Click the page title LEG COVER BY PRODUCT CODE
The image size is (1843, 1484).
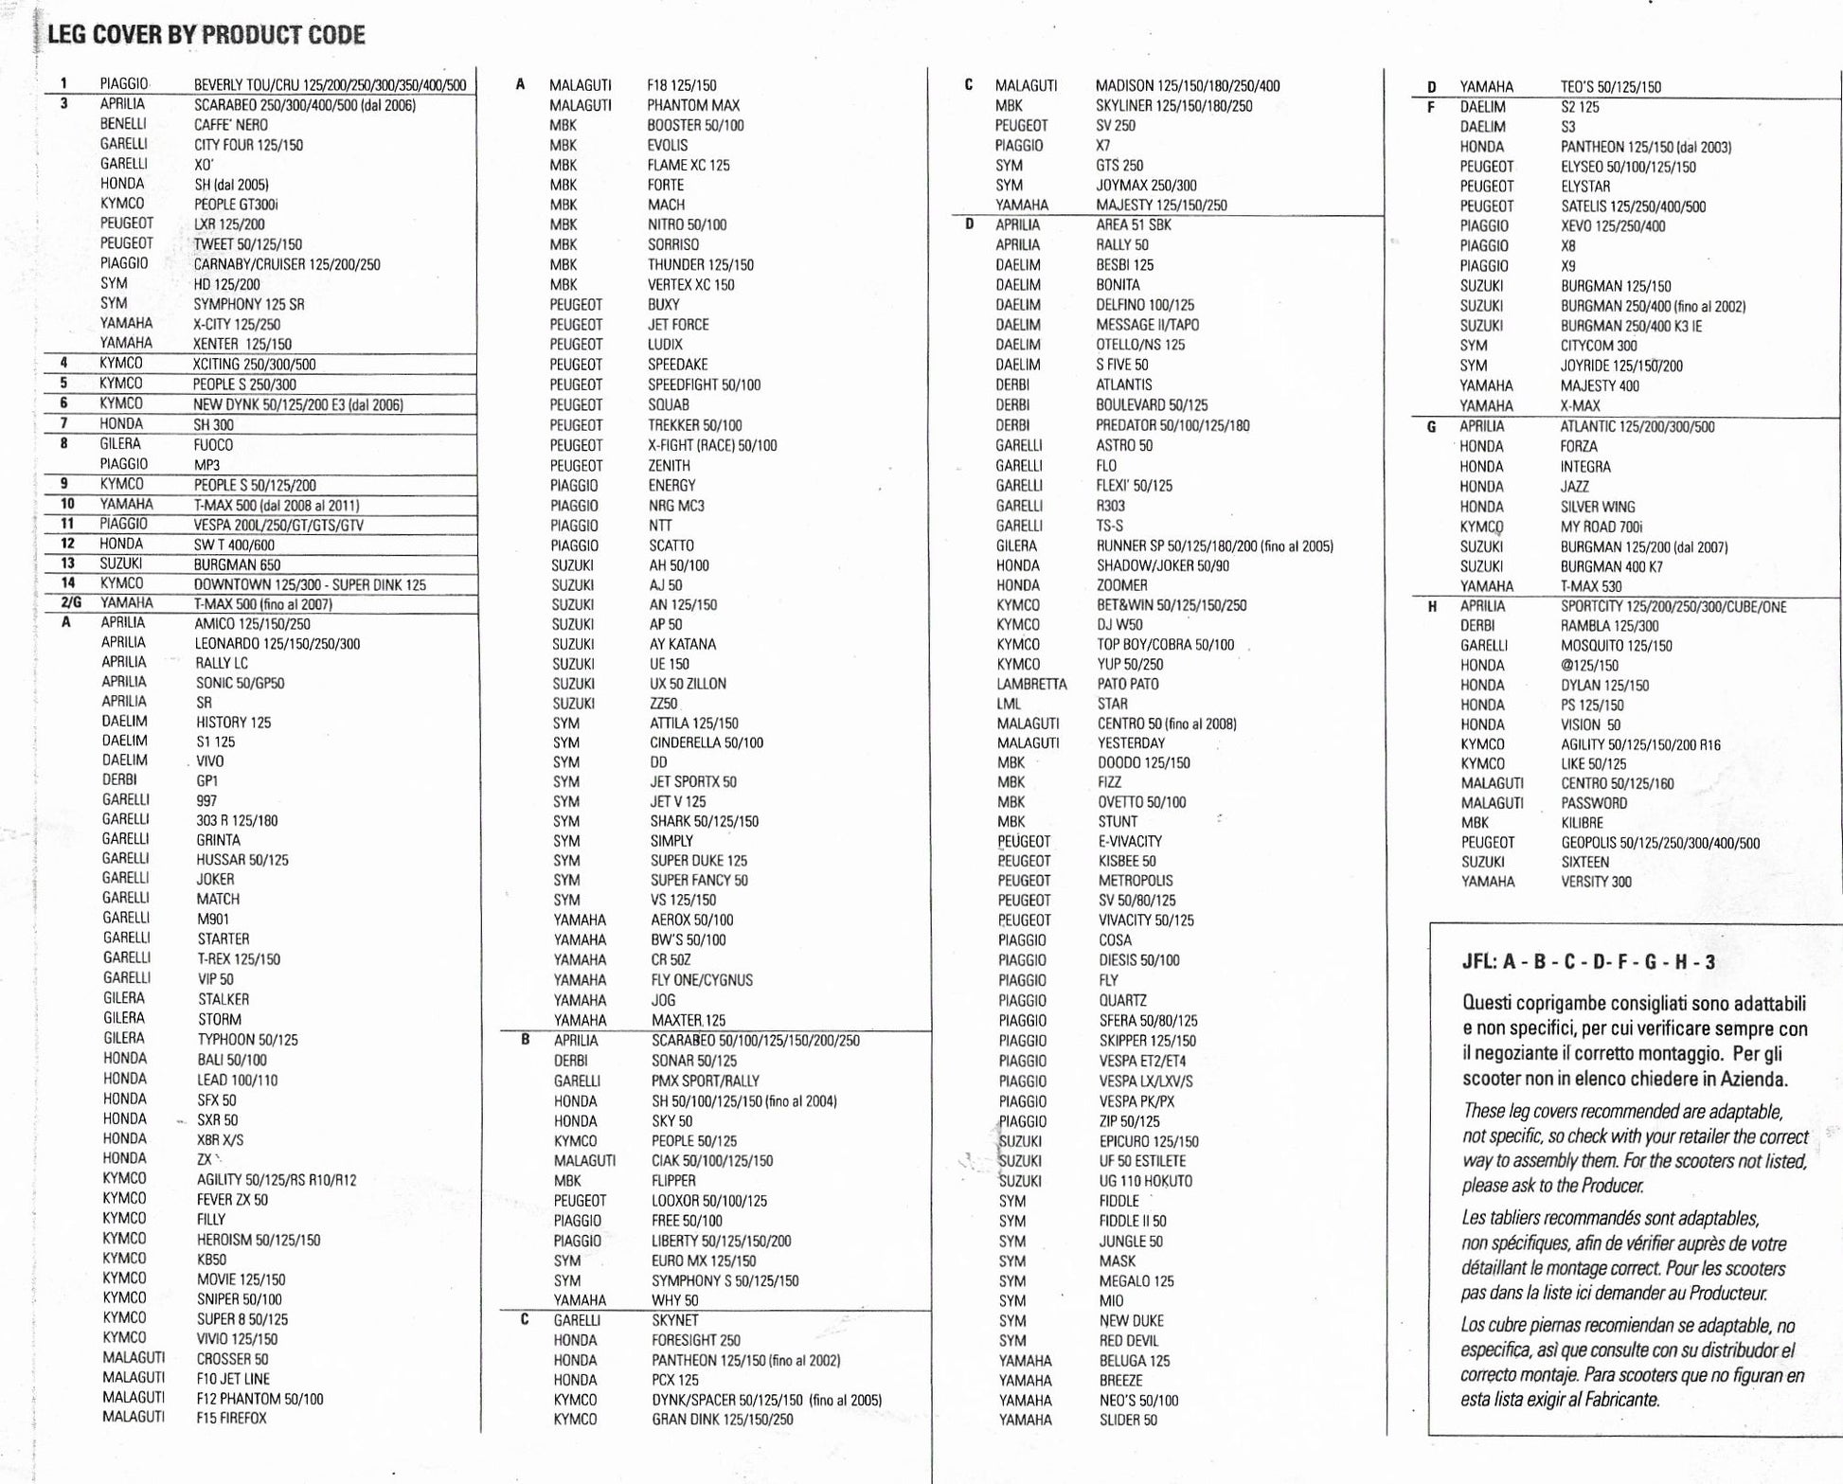click(x=206, y=35)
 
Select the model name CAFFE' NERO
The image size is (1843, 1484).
click(x=231, y=125)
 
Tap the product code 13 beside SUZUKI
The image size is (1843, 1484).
click(x=67, y=563)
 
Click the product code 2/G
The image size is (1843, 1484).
click(x=71, y=603)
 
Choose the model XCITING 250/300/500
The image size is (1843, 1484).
click(x=254, y=365)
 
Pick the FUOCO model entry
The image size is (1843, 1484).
click(x=213, y=445)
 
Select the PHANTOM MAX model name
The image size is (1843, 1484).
click(x=693, y=105)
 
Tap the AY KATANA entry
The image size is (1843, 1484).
click(x=683, y=644)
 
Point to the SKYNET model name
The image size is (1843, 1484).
click(x=675, y=1320)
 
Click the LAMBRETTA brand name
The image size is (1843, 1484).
click(x=1031, y=684)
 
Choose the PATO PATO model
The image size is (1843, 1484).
click(x=1128, y=684)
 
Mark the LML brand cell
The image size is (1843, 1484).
click(x=1009, y=704)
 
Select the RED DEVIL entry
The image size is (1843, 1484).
click(x=1129, y=1341)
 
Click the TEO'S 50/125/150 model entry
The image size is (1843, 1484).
click(x=1611, y=87)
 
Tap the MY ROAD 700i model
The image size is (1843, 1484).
click(x=1601, y=527)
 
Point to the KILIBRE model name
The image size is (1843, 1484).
click(x=1583, y=823)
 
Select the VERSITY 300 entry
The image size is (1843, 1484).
click(x=1597, y=882)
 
